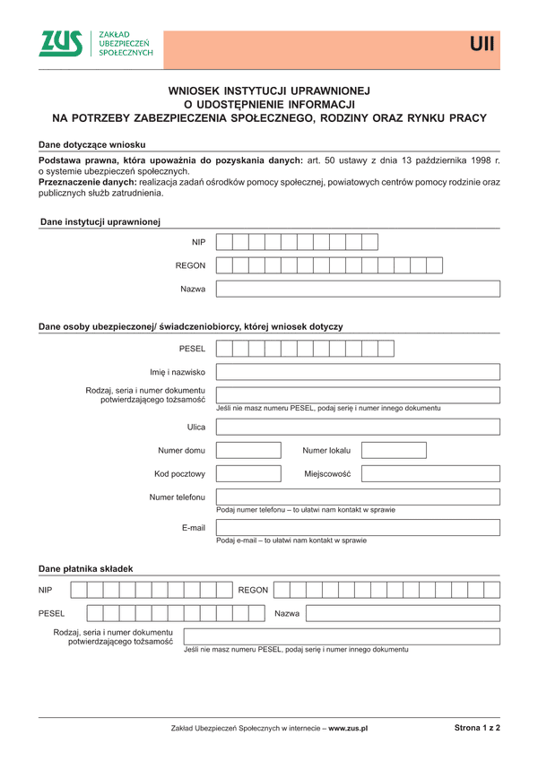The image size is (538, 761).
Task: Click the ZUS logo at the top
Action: coord(61,44)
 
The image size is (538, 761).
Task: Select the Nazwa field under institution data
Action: coord(358,289)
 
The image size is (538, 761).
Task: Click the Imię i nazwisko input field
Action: coord(358,372)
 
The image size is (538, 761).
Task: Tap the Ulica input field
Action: coord(358,427)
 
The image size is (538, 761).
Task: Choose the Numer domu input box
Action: coord(248,450)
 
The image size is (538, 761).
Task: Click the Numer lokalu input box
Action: coord(394,450)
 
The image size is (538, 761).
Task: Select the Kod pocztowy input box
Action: coord(248,473)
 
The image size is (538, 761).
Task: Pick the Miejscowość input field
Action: coord(430,473)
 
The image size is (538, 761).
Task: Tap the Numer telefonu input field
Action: coord(358,497)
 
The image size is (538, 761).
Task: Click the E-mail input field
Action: coord(358,528)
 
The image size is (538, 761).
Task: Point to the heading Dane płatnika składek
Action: coord(85,568)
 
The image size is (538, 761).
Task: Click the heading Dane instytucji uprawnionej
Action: coord(100,221)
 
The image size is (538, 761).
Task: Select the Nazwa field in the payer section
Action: coord(403,613)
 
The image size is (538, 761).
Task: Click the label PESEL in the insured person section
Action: coord(192,348)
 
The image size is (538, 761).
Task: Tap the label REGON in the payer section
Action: coord(253,590)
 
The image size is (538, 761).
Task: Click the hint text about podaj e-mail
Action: coord(291,540)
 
